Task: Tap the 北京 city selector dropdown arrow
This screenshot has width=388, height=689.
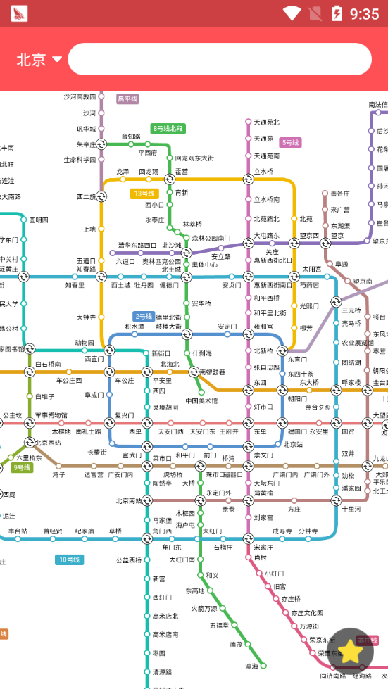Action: [57, 59]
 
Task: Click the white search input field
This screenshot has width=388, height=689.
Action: [220, 59]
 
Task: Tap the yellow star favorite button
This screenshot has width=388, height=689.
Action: [350, 651]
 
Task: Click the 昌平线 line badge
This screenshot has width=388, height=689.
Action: [127, 99]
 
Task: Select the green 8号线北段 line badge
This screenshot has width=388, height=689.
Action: [168, 128]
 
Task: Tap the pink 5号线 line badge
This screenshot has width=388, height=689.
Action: [290, 142]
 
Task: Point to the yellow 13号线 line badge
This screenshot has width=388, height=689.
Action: [144, 194]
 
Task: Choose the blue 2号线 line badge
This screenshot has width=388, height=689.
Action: [144, 316]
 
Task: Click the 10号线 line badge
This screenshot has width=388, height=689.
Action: [70, 560]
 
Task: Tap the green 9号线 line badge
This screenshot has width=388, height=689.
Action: [22, 467]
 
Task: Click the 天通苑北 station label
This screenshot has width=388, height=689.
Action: [266, 122]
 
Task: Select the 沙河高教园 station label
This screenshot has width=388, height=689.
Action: [79, 96]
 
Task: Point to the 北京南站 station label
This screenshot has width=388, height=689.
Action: [128, 501]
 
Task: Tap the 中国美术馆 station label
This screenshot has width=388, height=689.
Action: [201, 400]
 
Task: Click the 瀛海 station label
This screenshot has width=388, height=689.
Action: [251, 665]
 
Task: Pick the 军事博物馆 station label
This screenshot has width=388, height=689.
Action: [51, 416]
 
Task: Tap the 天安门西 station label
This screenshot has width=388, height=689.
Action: [170, 431]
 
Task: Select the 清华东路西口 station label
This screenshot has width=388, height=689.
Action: [137, 246]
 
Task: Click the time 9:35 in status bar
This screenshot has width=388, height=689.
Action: [364, 13]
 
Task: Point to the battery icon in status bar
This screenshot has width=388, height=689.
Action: [337, 13]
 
